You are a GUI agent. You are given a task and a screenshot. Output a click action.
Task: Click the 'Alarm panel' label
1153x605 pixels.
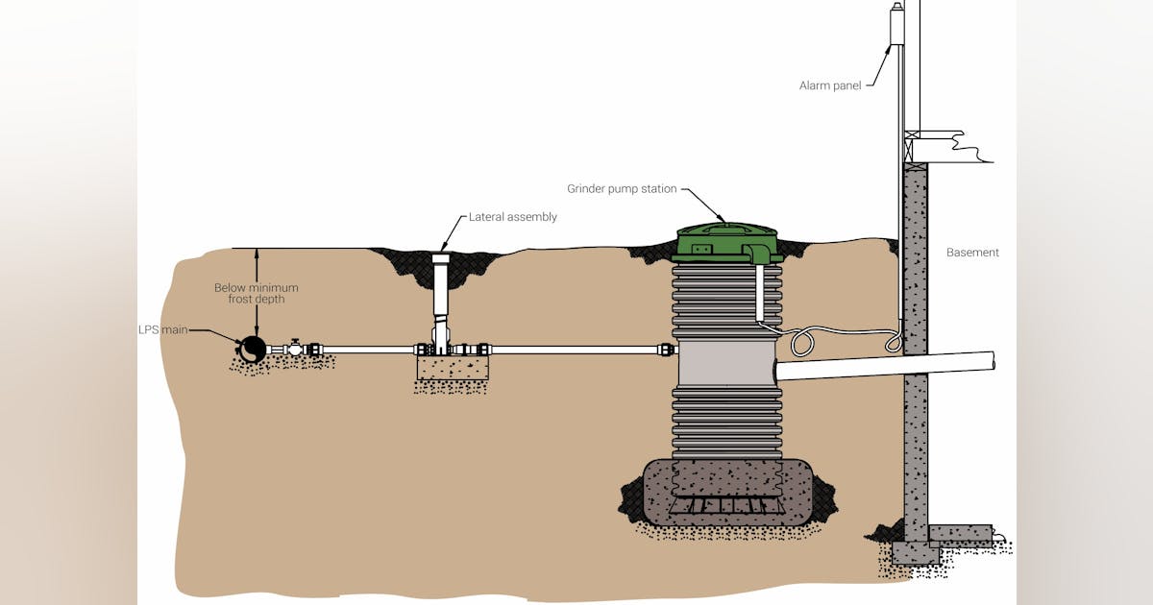(x=831, y=85)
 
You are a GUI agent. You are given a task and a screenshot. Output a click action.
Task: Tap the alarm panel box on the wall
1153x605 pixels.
(x=896, y=24)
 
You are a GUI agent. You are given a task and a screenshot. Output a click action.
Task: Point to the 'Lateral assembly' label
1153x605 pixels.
(x=512, y=217)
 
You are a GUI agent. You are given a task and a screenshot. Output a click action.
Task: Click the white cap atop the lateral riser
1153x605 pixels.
(x=441, y=259)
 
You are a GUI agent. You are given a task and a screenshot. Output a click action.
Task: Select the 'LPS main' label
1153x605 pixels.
(x=160, y=330)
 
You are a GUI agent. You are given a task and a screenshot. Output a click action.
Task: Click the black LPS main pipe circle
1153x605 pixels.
(x=253, y=349)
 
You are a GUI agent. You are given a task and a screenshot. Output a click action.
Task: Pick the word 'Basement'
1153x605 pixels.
(x=972, y=253)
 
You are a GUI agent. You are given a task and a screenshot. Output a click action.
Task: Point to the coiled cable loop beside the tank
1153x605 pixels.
(x=802, y=340)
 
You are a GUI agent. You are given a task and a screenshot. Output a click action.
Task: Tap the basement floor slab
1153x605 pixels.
(x=961, y=531)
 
